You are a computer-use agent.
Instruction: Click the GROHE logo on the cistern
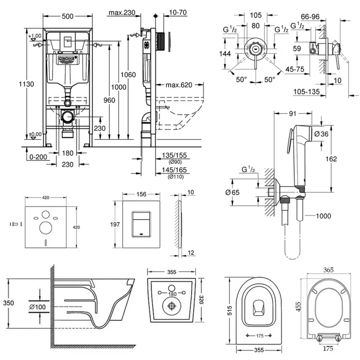coord(67,59)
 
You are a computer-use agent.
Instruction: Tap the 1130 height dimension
coord(27,84)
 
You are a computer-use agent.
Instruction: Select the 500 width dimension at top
coord(67,16)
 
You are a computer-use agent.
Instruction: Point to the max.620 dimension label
coord(179,85)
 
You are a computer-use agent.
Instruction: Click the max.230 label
coord(122,12)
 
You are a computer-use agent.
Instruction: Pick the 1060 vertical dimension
coord(128,75)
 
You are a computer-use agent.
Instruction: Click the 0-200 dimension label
coord(38,157)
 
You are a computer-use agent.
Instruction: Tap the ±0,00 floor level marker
coord(35,134)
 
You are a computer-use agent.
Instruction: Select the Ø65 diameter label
coord(232,192)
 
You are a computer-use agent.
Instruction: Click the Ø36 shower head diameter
coord(321,134)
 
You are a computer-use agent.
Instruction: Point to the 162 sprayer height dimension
coord(331,159)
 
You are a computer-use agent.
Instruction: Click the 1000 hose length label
coord(324,216)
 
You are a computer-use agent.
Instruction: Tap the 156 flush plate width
coord(141,194)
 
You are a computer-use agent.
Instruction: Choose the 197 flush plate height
coord(115,225)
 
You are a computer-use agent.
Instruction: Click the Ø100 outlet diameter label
coord(38,307)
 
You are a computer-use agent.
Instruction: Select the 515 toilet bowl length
coord(230,310)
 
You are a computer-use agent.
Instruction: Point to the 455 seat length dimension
coord(298,307)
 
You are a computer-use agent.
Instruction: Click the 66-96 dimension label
coord(310,16)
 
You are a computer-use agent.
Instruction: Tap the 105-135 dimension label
coord(306,92)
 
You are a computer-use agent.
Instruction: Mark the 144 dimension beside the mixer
coord(225,54)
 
